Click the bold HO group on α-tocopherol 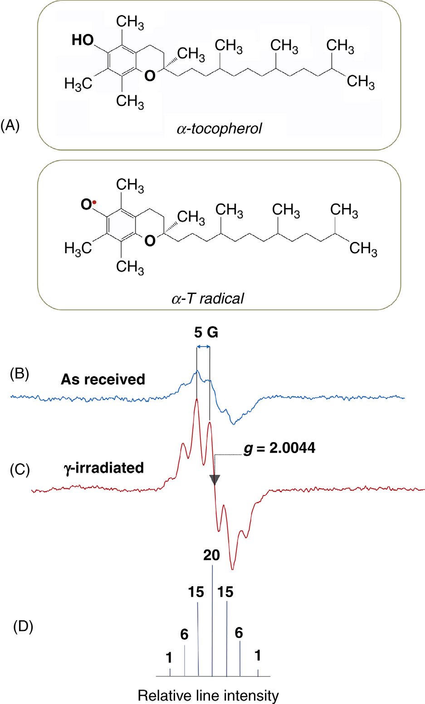83,40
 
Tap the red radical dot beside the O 94,203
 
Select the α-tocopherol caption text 220,129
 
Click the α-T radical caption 208,298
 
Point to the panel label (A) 10,125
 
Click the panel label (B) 19,374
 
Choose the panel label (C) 19,470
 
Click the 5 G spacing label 206,333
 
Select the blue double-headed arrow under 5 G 203,347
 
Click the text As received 103,379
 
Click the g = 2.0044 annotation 279,448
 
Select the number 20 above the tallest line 212,555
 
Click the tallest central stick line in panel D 212,621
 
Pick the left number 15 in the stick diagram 196,592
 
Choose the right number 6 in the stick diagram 239,633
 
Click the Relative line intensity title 208,695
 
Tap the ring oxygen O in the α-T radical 150,241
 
